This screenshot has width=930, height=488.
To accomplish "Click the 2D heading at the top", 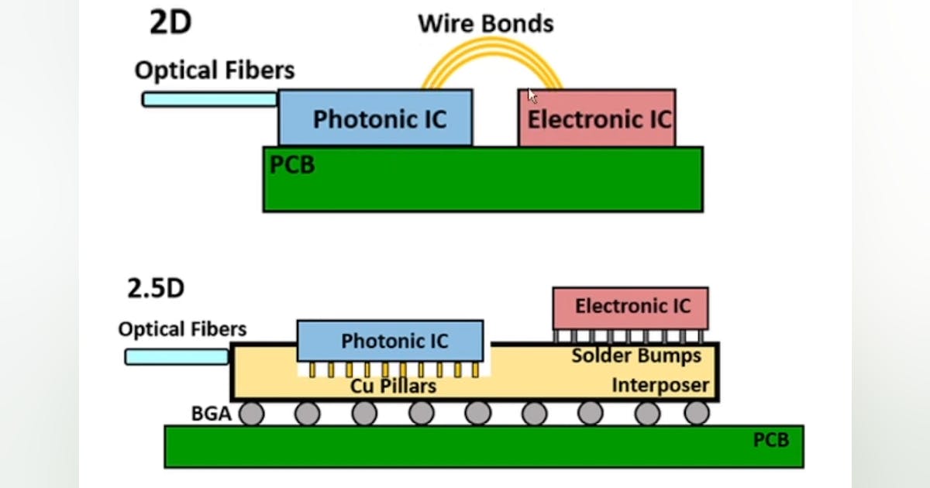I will (170, 22).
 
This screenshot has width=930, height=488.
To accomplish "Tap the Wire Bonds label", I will (486, 23).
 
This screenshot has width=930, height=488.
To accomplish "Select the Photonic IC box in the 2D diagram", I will (376, 118).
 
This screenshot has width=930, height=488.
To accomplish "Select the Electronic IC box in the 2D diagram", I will (597, 119).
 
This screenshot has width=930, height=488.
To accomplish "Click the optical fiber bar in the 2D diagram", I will (209, 99).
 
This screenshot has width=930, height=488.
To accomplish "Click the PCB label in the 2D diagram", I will (292, 165).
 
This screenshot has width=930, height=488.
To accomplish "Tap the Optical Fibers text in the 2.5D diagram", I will (182, 329).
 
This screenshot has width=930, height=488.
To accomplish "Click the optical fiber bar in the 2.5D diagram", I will (177, 356).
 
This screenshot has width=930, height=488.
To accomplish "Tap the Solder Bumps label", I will (636, 356).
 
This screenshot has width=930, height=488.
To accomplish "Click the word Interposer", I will (660, 385).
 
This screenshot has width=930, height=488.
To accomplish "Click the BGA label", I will (212, 414).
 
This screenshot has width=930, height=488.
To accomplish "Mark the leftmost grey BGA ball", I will (251, 414).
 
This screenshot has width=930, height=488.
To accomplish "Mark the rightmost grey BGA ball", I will (696, 414).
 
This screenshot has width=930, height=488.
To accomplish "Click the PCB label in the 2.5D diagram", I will (771, 440).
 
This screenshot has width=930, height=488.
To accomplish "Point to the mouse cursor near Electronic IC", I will (532, 95).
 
